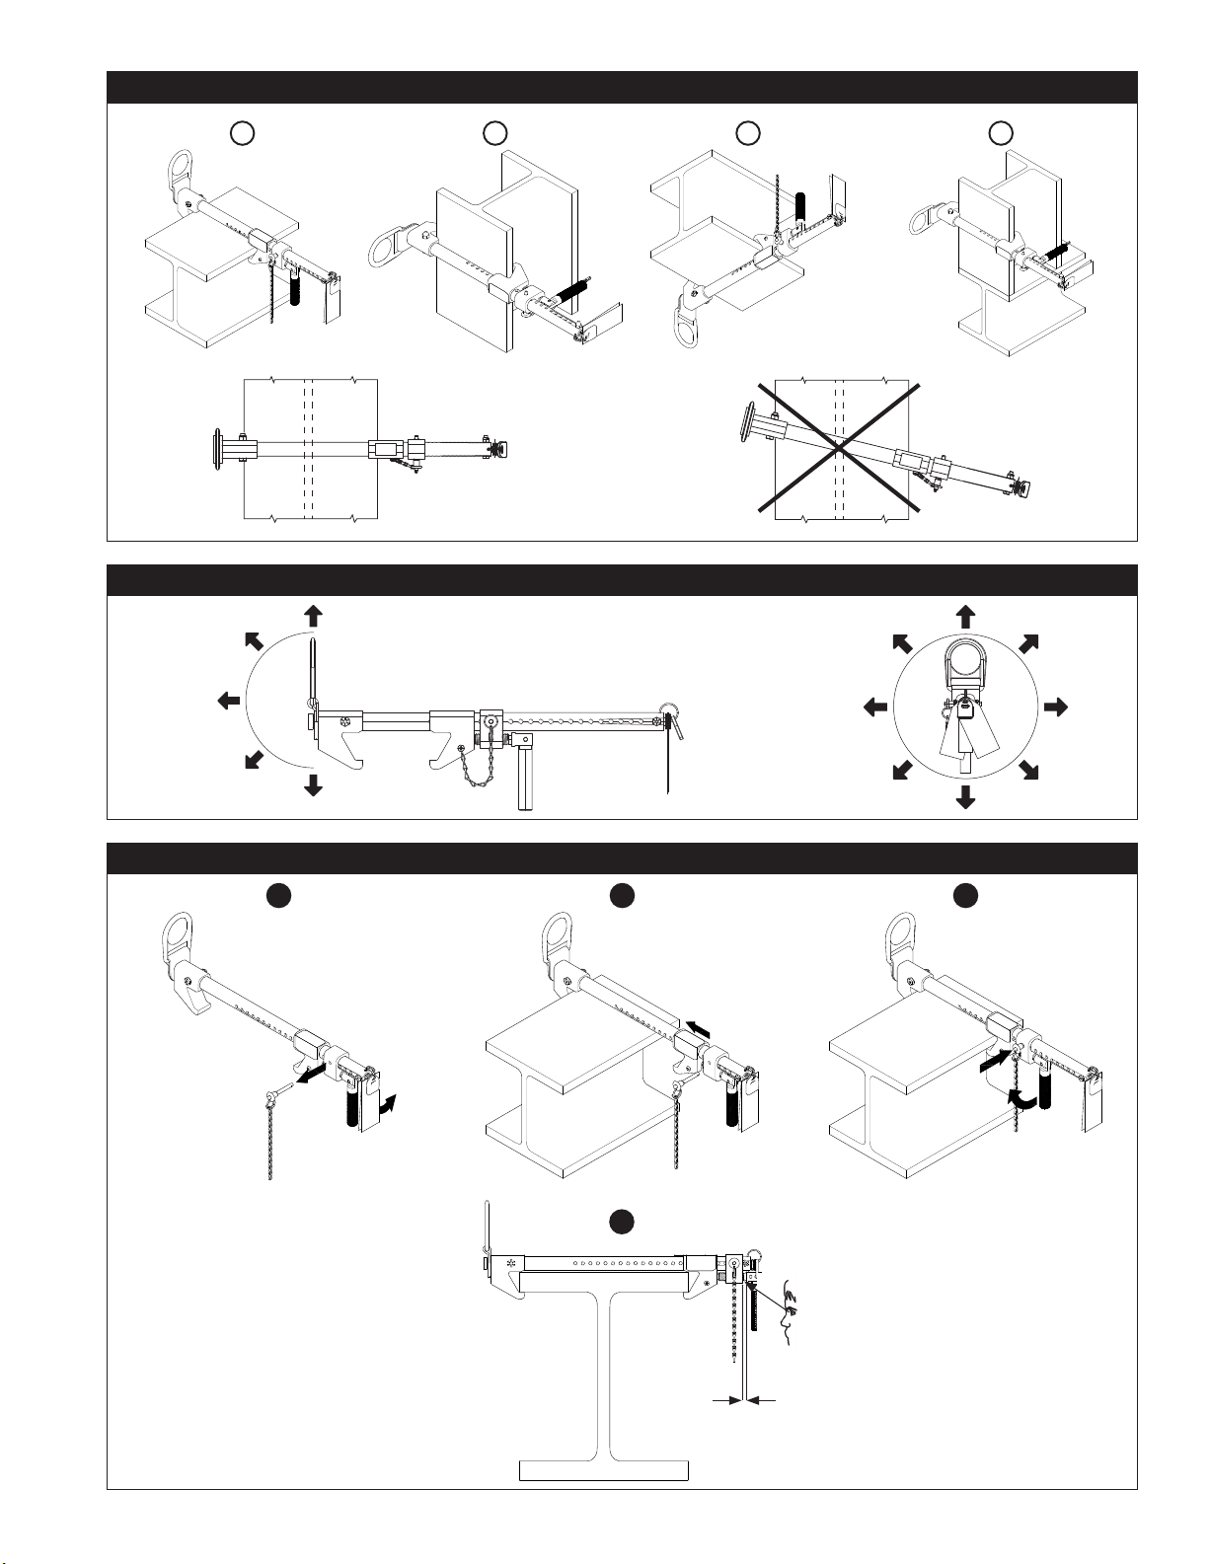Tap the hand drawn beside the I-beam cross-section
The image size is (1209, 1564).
789,1312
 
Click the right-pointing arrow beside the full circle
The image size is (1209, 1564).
1056,707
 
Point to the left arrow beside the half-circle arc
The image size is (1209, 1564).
227,701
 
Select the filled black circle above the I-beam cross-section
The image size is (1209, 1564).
620,1222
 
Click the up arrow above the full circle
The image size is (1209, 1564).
965,618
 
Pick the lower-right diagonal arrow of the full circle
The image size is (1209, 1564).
1028,770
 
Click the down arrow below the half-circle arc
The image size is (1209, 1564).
314,785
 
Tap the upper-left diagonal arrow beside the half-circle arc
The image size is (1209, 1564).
253,641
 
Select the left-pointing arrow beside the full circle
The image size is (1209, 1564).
874,707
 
